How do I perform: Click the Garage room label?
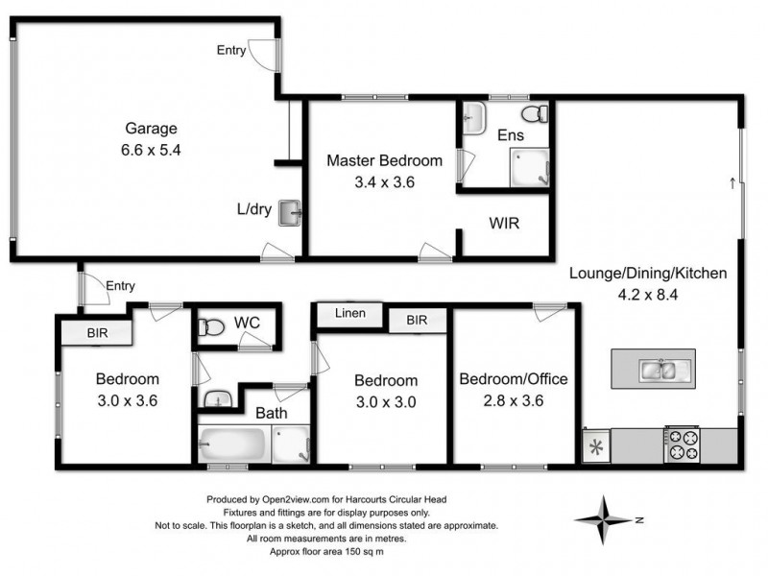[x=151, y=129]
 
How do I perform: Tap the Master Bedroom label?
[x=384, y=160]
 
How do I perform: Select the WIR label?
[x=504, y=223]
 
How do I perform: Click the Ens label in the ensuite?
[x=510, y=135]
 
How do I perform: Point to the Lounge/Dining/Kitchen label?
[x=648, y=274]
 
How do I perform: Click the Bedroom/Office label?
[x=513, y=379]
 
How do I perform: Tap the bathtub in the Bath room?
[x=233, y=445]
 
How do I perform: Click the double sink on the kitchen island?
[x=660, y=368]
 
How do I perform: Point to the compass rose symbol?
[x=604, y=519]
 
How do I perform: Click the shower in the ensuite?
[x=529, y=169]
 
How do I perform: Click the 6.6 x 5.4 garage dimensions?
[x=152, y=150]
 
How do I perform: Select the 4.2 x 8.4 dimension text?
[x=648, y=295]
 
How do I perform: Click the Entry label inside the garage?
[x=230, y=51]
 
